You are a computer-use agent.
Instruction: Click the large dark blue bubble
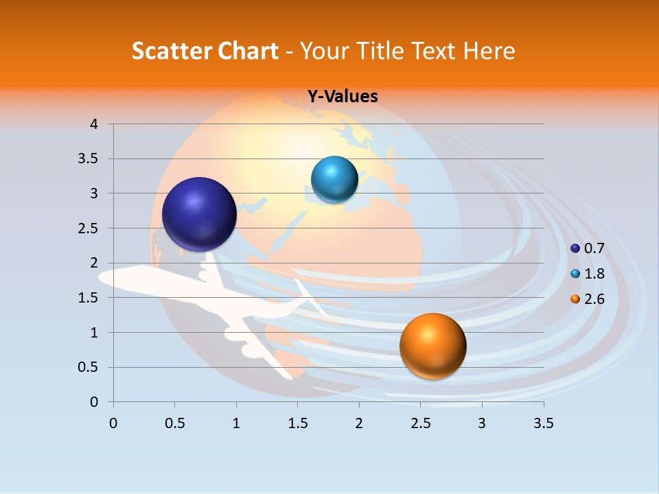point(199,214)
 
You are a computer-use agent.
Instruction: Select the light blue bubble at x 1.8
point(334,180)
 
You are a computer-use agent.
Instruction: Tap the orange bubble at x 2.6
point(432,346)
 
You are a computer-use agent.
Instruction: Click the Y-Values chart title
point(342,97)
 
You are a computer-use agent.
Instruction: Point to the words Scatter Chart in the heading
point(205,51)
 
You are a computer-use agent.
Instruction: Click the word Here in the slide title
point(488,51)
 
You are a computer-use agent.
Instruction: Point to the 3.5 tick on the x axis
point(543,423)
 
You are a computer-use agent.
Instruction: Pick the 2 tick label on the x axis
point(359,423)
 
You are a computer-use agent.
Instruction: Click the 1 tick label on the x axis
point(236,423)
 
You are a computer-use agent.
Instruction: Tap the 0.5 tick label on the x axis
point(174,423)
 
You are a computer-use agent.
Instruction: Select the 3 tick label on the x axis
point(482,423)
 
